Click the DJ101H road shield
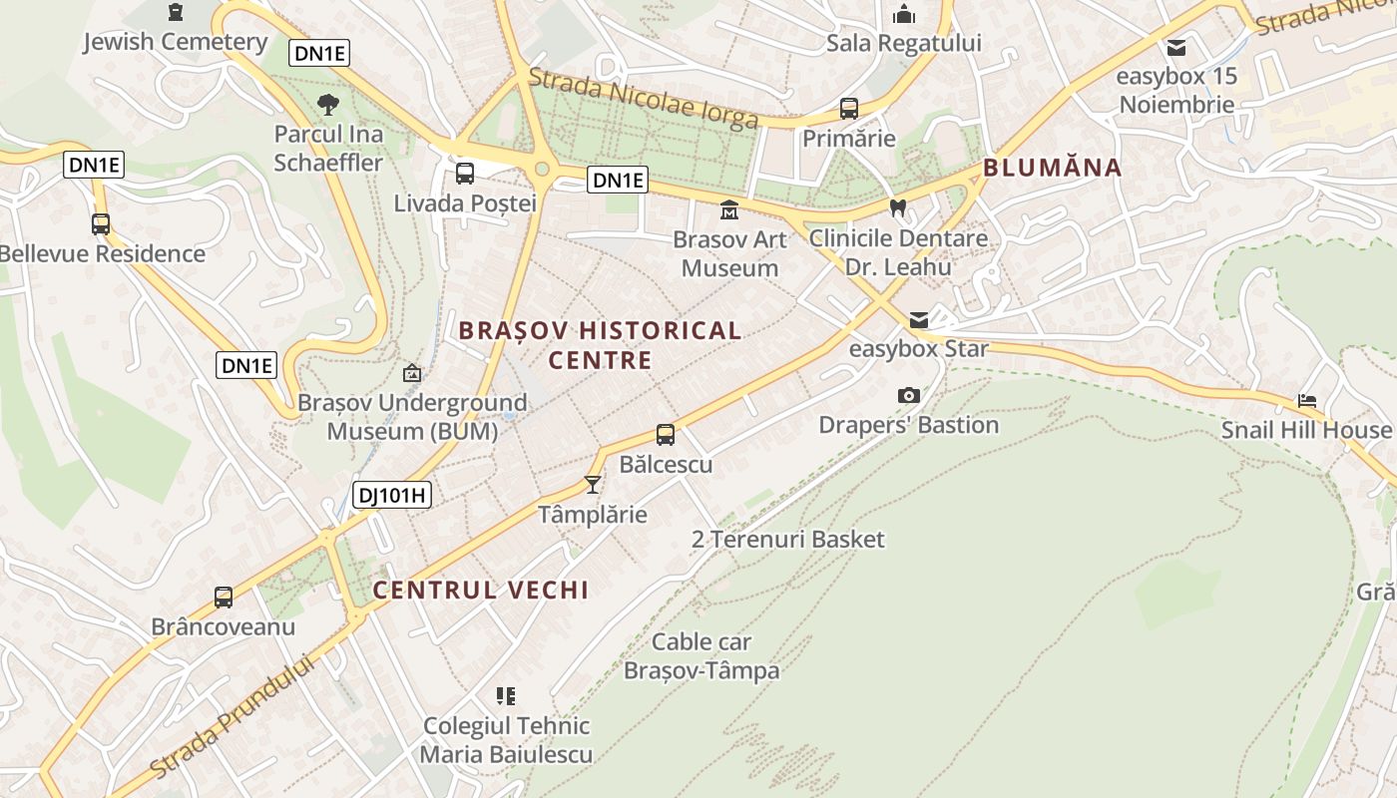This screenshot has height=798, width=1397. pyautogui.click(x=391, y=494)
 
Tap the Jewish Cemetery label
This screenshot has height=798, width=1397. pyautogui.click(x=176, y=42)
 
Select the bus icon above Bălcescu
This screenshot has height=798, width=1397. pyautogui.click(x=666, y=435)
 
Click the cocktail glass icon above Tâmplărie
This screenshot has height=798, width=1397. pyautogui.click(x=593, y=485)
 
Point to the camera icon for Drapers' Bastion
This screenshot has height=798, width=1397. pyautogui.click(x=908, y=396)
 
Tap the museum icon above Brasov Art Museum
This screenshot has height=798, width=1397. pyautogui.click(x=729, y=210)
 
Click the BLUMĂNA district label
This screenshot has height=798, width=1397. pyautogui.click(x=1053, y=168)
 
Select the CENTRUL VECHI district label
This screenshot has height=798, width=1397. pyautogui.click(x=481, y=590)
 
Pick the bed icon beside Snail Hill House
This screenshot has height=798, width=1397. pyautogui.click(x=1307, y=401)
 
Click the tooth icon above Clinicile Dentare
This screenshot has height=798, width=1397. pyautogui.click(x=897, y=208)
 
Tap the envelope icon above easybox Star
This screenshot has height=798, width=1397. pyautogui.click(x=918, y=320)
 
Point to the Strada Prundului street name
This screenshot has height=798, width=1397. pyautogui.click(x=232, y=716)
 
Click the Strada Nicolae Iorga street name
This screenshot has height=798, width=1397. pyautogui.click(x=644, y=99)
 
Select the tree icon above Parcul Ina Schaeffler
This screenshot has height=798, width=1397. pyautogui.click(x=327, y=104)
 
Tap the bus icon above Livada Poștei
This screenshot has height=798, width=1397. pyautogui.click(x=465, y=174)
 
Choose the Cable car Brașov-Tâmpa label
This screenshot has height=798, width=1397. pyautogui.click(x=701, y=656)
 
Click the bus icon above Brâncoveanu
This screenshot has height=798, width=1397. pyautogui.click(x=224, y=598)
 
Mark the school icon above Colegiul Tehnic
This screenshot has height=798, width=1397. pyautogui.click(x=506, y=696)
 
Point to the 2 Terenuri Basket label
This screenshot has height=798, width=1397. pyautogui.click(x=788, y=540)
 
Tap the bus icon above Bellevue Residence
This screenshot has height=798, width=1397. pyautogui.click(x=101, y=224)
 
